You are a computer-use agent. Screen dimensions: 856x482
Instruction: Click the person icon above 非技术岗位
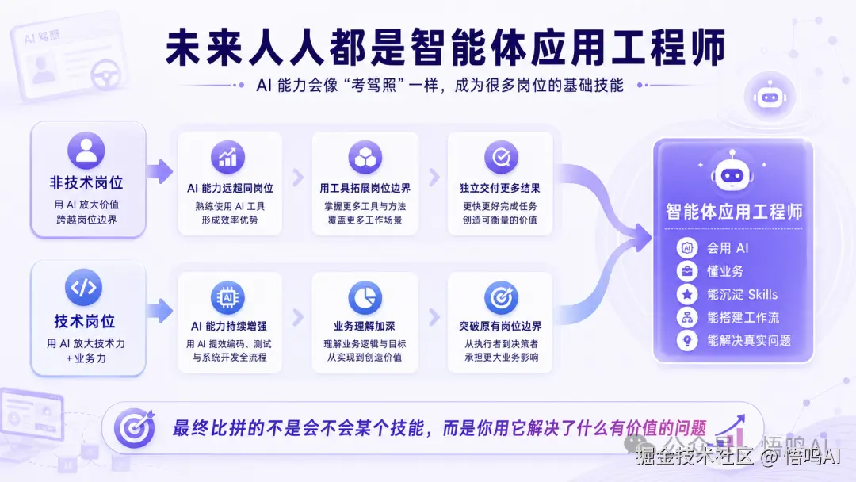[86, 150]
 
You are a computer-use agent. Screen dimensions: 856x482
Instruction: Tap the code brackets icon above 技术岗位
[83, 287]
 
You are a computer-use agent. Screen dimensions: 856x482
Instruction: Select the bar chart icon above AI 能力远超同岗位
[227, 157]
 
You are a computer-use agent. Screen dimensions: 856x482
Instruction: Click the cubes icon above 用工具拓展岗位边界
[365, 157]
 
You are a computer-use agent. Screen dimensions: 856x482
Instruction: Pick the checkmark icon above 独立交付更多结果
[501, 157]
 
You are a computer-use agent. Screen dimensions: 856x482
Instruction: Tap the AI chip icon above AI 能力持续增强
[227, 297]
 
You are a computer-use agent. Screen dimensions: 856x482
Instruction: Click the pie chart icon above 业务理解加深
[365, 297]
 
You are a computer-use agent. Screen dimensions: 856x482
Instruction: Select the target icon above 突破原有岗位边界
[501, 297]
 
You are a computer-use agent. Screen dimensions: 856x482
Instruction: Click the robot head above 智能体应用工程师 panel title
[732, 172]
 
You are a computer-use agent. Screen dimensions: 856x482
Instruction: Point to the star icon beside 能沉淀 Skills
[687, 294]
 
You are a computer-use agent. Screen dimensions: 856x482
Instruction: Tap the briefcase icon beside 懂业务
[687, 271]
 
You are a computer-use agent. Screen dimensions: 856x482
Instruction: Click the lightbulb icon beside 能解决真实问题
[687, 340]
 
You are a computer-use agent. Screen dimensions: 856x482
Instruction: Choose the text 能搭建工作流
[743, 317]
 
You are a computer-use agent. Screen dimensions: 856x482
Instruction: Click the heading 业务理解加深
[365, 327]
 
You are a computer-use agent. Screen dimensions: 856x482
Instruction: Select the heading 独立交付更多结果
[500, 189]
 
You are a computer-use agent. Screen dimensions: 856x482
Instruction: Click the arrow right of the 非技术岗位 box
[160, 171]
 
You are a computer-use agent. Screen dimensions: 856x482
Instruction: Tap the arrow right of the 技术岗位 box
[160, 311]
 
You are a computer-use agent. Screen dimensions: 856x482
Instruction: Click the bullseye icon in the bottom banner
[134, 428]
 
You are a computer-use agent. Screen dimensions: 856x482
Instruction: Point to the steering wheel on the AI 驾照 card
[106, 75]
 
